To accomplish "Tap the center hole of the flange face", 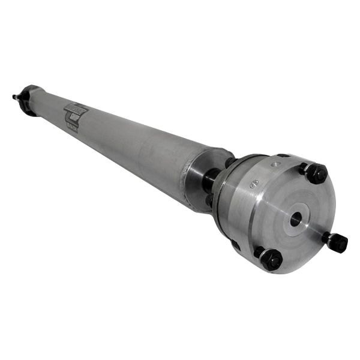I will pyautogui.click(x=295, y=220).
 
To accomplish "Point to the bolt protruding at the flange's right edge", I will pyautogui.click(x=336, y=241).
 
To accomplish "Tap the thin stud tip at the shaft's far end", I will pyautogui.click(x=15, y=96).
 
